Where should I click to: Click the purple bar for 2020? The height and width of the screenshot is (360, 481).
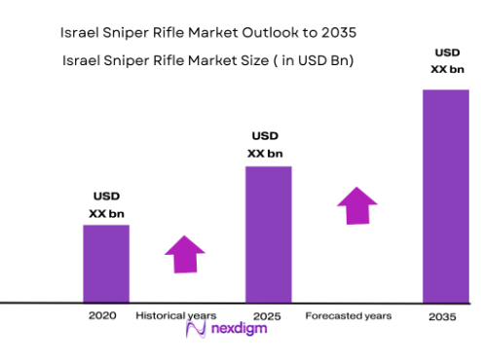[x=106, y=263]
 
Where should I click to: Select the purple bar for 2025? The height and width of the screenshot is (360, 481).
[x=268, y=234]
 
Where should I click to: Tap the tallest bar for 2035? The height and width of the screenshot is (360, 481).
[x=445, y=195]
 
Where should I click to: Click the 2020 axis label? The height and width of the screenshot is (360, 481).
[x=103, y=316]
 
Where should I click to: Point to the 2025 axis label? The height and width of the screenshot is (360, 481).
[x=269, y=316]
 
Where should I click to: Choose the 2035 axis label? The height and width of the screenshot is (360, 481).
[x=443, y=317]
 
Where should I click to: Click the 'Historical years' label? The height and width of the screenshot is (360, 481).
[x=175, y=316]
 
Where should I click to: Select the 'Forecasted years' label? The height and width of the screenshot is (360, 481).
[x=349, y=316]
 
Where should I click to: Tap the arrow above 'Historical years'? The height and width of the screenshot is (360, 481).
[x=185, y=253]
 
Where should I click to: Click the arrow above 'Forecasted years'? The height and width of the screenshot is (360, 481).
[x=358, y=206]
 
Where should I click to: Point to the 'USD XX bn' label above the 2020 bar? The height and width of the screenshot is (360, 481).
[x=107, y=204]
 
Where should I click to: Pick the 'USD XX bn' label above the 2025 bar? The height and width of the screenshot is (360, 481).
[x=267, y=144]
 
